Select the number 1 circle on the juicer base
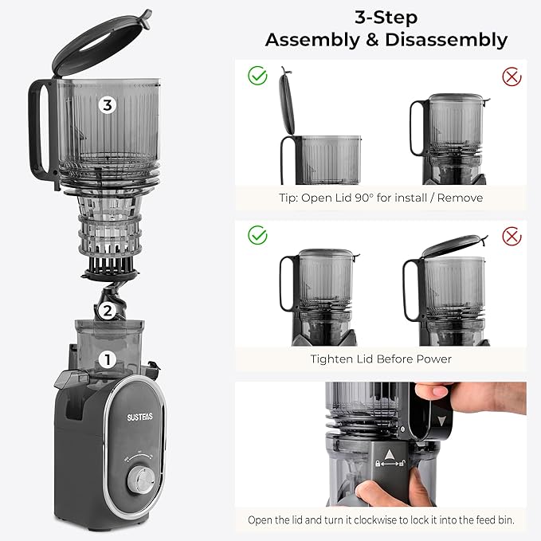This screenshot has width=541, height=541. [x=104, y=360]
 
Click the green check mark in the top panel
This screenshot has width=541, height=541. [x=257, y=76]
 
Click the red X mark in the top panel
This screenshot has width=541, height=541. [x=512, y=76]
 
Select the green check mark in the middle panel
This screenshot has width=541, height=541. [x=257, y=236]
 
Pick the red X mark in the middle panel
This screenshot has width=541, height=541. [x=512, y=236]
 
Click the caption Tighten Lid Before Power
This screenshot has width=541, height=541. [x=381, y=359]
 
